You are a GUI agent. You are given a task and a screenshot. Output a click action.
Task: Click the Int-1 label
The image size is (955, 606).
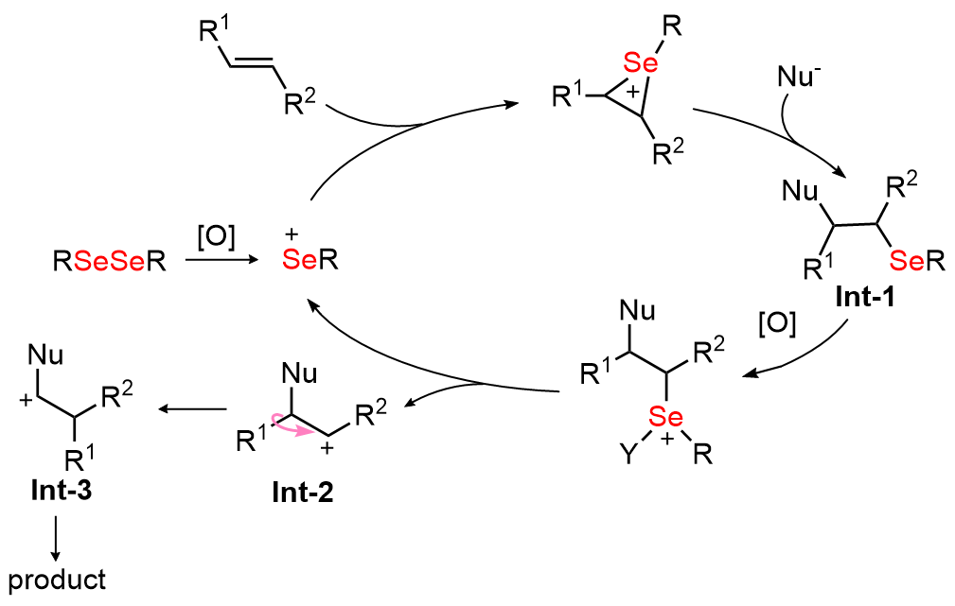coord(865,297)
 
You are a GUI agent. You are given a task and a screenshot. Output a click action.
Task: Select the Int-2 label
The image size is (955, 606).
coord(303,493)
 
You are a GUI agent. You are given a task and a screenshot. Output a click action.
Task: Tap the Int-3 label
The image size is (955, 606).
coord(62,490)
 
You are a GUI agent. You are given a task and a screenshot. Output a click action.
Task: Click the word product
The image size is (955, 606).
coord(57,580)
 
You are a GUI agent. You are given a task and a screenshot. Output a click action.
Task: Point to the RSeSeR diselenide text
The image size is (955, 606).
coord(110,262)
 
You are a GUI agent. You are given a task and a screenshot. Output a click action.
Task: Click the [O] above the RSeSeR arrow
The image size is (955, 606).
coord(216,236)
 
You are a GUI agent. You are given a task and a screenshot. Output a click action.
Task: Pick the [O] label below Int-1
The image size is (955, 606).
coord(777,323)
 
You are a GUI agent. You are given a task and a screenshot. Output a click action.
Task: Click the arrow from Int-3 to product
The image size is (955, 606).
coord(56,539)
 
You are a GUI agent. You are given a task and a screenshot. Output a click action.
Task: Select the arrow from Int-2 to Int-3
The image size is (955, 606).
coord(192,408)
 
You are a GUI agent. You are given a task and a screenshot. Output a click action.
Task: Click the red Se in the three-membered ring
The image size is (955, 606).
coord(641,62)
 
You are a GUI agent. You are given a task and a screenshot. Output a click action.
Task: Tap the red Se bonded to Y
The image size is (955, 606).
coord(665,417)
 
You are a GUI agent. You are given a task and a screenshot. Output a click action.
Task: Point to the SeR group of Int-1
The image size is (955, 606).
coord(916,262)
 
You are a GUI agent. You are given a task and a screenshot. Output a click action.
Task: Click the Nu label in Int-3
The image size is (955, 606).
coord(45,355)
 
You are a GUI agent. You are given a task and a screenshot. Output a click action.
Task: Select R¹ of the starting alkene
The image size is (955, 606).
coord(215,30)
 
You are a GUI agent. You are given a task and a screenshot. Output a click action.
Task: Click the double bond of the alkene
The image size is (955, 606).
coord(252,63)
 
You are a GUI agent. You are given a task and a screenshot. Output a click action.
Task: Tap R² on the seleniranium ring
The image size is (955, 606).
coord(667,152)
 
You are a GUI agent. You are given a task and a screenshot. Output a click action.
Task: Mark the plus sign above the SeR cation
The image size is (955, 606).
coord(292,234)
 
